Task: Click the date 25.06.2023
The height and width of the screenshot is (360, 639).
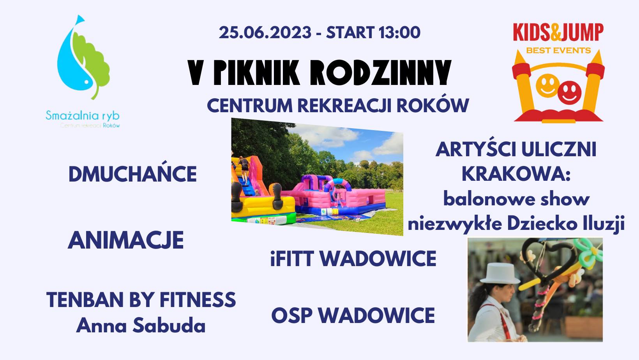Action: point(265,32)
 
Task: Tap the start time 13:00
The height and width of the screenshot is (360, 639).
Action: point(400,32)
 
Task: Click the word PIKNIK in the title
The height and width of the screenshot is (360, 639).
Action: point(256,72)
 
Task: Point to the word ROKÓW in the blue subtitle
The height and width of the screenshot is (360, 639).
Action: point(433,106)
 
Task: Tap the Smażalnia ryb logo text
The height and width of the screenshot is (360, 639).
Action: point(83,116)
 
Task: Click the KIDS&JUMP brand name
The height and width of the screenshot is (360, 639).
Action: point(558,32)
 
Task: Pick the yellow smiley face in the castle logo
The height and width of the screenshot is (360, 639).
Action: point(547,86)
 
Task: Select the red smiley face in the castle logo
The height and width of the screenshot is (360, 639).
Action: point(569,93)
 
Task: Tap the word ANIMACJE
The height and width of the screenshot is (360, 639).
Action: point(125,240)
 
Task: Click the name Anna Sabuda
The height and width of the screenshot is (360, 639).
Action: point(141,325)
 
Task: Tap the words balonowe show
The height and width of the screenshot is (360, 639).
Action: point(516,199)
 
